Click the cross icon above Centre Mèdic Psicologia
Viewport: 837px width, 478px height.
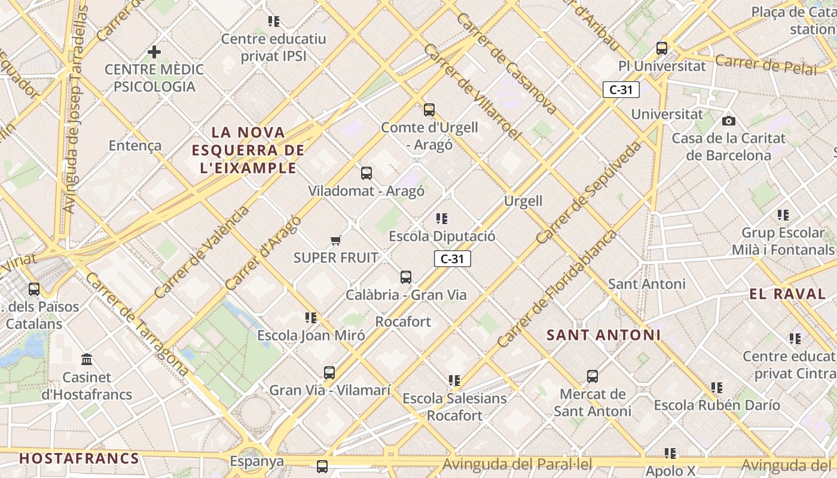[154, 52]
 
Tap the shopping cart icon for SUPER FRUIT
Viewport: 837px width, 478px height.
[335, 240]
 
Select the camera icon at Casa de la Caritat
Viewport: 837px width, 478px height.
[728, 121]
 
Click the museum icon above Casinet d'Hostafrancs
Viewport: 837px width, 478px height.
[87, 360]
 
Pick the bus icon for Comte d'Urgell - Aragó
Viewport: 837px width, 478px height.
[429, 109]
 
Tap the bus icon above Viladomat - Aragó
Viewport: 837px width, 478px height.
[366, 173]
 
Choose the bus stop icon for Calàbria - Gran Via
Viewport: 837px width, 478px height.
[406, 277]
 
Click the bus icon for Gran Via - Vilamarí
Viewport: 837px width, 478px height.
[329, 373]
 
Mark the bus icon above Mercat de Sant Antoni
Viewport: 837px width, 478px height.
[592, 376]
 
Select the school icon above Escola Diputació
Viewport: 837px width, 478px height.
[442, 219]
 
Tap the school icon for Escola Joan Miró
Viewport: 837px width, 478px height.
[311, 318]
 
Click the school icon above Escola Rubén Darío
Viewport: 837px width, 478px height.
[717, 388]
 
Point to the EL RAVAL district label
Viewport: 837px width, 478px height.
[787, 294]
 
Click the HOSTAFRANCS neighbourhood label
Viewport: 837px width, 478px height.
[79, 459]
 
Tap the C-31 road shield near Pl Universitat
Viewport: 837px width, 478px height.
[621, 90]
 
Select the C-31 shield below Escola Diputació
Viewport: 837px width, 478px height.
[453, 259]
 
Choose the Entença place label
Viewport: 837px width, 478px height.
[135, 145]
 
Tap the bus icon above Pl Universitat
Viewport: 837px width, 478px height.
[662, 48]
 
